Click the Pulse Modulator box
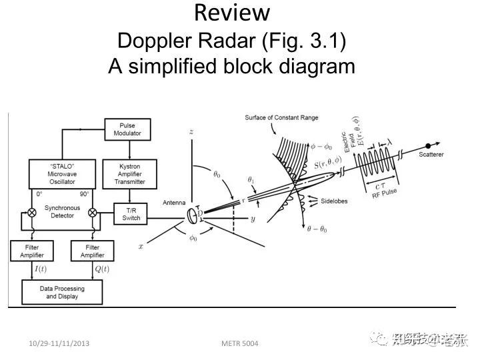(x=127, y=129)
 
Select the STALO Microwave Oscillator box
(x=62, y=173)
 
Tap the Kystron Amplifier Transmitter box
(x=131, y=173)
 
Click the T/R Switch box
(x=131, y=213)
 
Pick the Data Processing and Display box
(x=62, y=292)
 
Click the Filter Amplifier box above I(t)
(x=31, y=251)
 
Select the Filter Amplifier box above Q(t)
(x=93, y=251)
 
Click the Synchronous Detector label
(x=62, y=212)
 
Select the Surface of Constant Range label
(x=281, y=118)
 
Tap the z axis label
(x=191, y=132)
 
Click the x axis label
(x=141, y=246)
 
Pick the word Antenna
(x=173, y=203)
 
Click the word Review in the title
(x=232, y=13)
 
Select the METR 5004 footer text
(x=239, y=343)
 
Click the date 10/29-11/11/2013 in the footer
(x=59, y=343)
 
